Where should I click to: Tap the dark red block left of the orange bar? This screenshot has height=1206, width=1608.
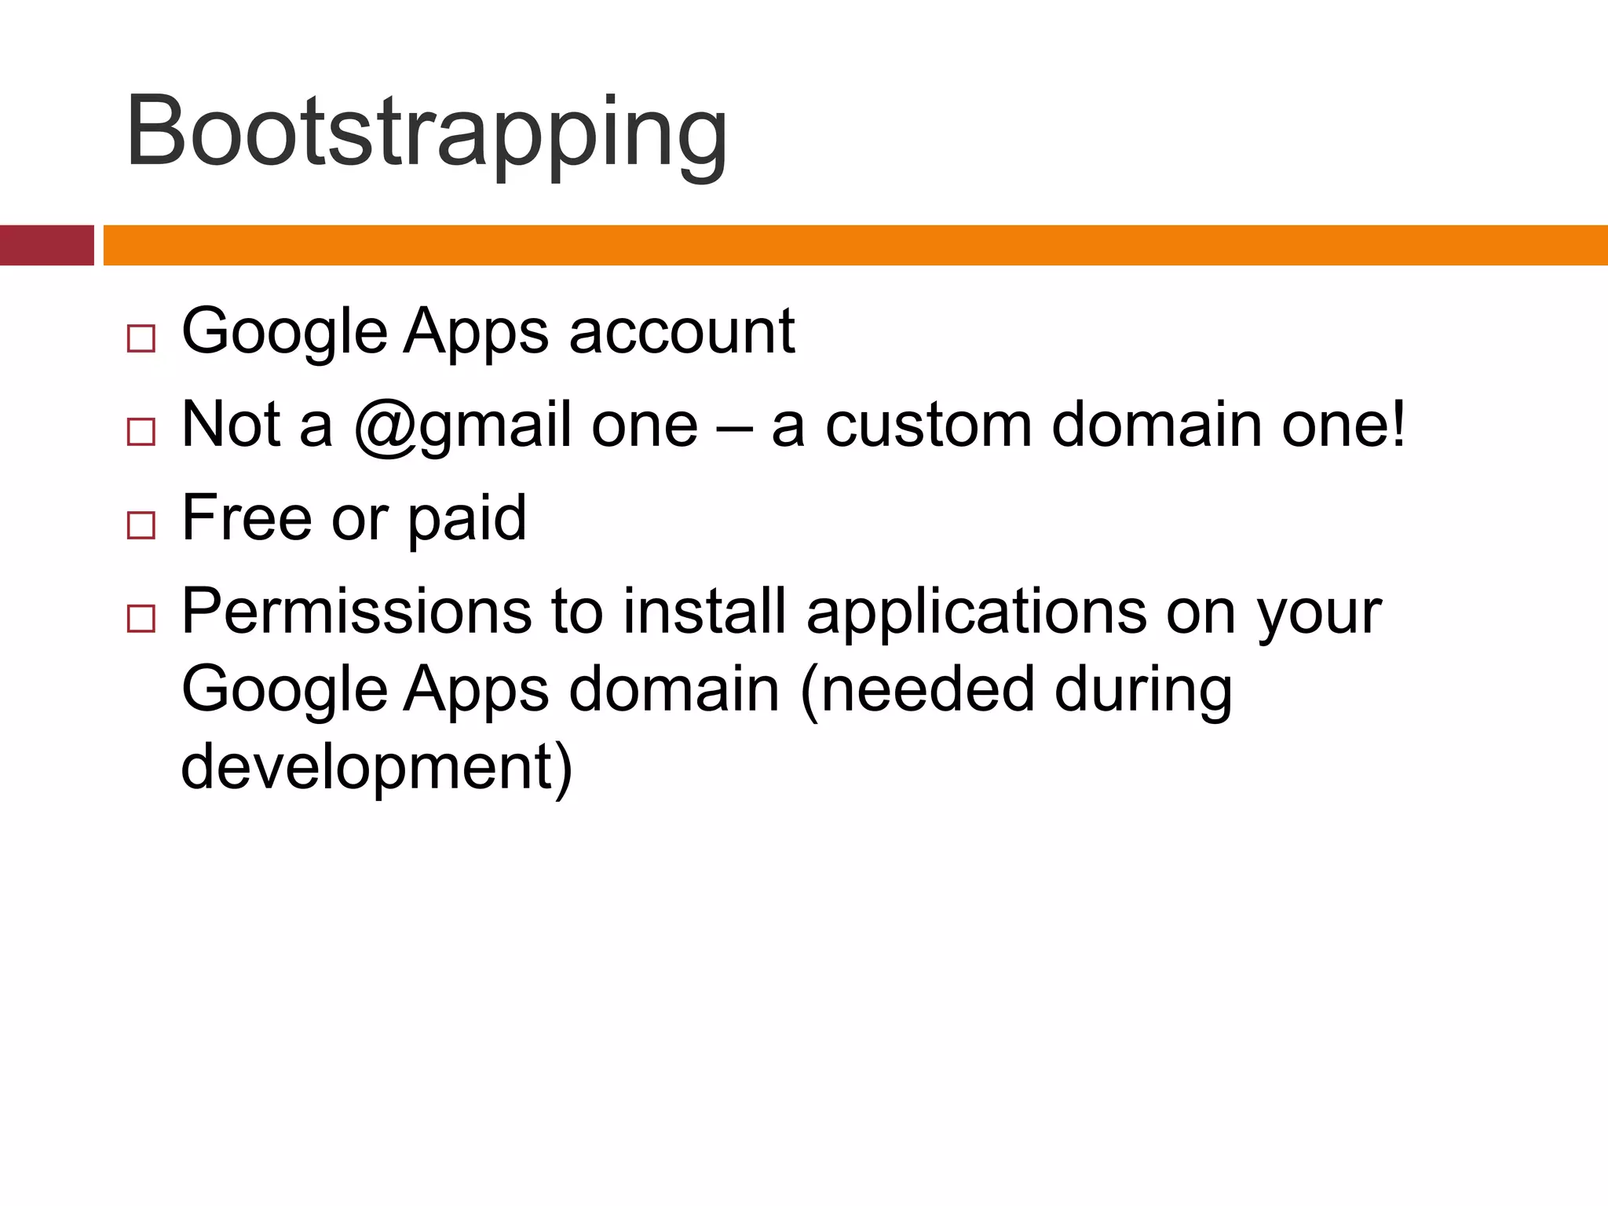pyautogui.click(x=46, y=245)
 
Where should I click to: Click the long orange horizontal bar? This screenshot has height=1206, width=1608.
pyautogui.click(x=855, y=245)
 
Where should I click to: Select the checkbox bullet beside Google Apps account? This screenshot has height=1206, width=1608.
pyautogui.click(x=141, y=338)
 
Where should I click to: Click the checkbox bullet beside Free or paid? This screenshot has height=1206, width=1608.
pyautogui.click(x=141, y=524)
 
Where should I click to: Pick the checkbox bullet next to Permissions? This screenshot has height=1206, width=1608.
pyautogui.click(x=141, y=619)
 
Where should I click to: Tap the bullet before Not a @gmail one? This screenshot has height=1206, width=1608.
pyautogui.click(x=141, y=432)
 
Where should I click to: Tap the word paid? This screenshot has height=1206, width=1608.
pyautogui.click(x=466, y=520)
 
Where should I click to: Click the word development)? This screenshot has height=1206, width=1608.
pyautogui.click(x=377, y=769)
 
